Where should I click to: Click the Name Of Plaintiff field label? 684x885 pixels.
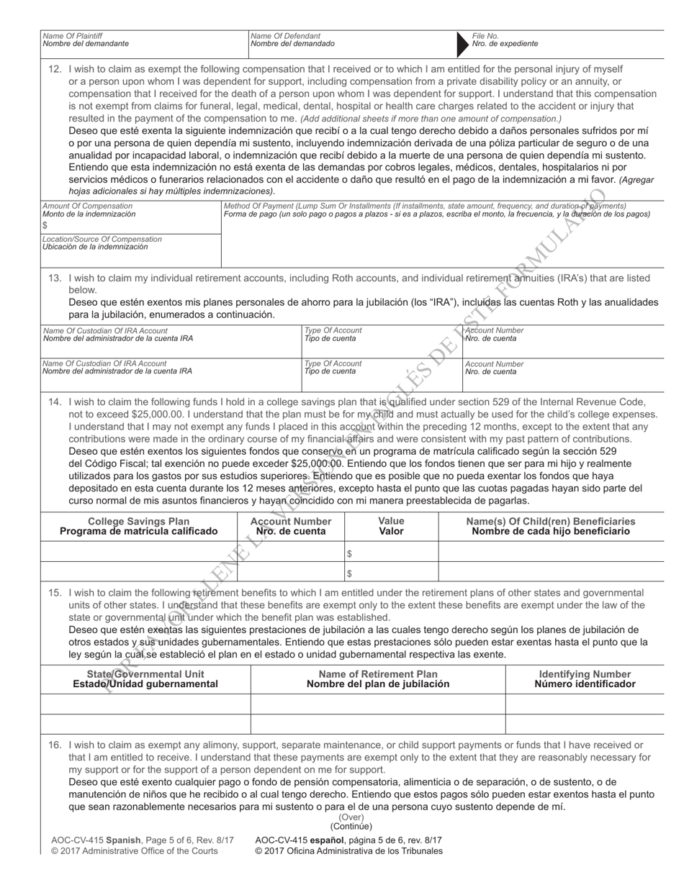point(73,35)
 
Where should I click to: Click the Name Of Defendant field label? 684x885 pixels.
point(285,35)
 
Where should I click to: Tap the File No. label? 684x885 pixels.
point(485,35)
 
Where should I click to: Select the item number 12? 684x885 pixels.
point(55,69)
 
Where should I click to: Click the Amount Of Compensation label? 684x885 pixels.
point(87,206)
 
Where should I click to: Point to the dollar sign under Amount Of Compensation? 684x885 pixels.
point(45,225)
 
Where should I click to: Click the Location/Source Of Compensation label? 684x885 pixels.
point(102,239)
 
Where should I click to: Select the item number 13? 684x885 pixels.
point(55,278)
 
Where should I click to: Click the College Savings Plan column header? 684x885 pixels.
point(138,521)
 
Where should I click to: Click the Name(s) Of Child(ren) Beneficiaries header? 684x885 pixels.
point(551,521)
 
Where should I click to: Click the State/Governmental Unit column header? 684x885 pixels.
point(145,674)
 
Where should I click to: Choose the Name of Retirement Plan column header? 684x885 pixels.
point(378,674)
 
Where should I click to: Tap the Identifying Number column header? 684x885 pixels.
point(585,674)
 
